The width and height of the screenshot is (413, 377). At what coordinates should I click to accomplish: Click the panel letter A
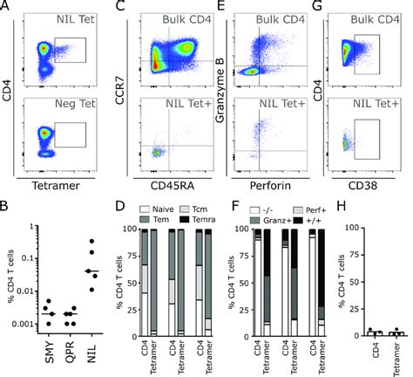(x=6, y=7)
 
